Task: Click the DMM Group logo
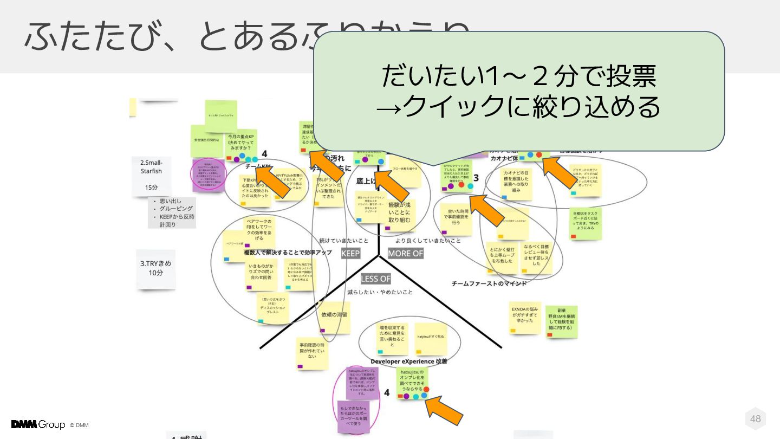38,424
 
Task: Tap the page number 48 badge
756,418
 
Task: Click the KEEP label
350,254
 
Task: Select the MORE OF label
405,254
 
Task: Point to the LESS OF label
375,279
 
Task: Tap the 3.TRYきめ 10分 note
156,268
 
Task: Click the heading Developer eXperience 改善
409,361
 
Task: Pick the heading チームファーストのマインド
489,283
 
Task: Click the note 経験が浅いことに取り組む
400,212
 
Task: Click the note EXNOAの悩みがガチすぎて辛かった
525,317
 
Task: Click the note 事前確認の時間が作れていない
312,352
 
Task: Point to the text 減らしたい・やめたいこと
380,292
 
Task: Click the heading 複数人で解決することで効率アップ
287,253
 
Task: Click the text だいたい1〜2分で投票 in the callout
518,76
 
